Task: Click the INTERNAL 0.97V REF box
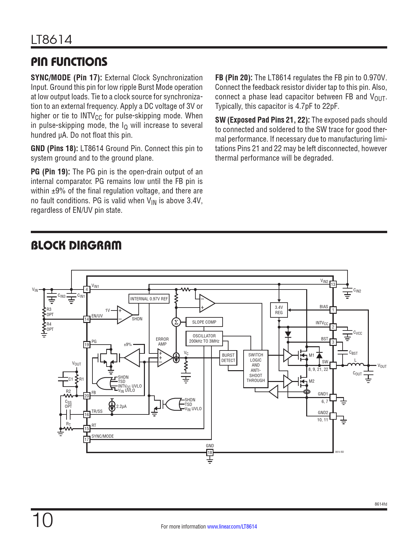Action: [x=149, y=299]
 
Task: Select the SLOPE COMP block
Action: [x=204, y=322]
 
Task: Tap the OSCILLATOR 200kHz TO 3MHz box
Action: [x=204, y=338]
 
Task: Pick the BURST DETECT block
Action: [x=228, y=358]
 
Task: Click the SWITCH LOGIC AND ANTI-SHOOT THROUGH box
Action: [x=256, y=368]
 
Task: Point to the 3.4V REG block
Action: [x=279, y=310]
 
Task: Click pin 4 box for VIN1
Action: [x=87, y=289]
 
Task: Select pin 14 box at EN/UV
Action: [x=87, y=319]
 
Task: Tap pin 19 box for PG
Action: [x=87, y=345]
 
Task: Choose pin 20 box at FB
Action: [x=87, y=396]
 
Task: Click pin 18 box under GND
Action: [x=210, y=453]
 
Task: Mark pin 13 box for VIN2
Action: [x=333, y=284]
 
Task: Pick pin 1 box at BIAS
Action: [x=333, y=310]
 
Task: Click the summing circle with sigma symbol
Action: [x=176, y=322]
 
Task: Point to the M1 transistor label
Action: [x=311, y=355]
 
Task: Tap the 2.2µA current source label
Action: [x=121, y=406]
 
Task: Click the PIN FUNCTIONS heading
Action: [x=69, y=62]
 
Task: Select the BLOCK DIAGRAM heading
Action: [x=76, y=245]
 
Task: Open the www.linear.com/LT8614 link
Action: [x=232, y=527]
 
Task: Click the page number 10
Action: [x=43, y=520]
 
